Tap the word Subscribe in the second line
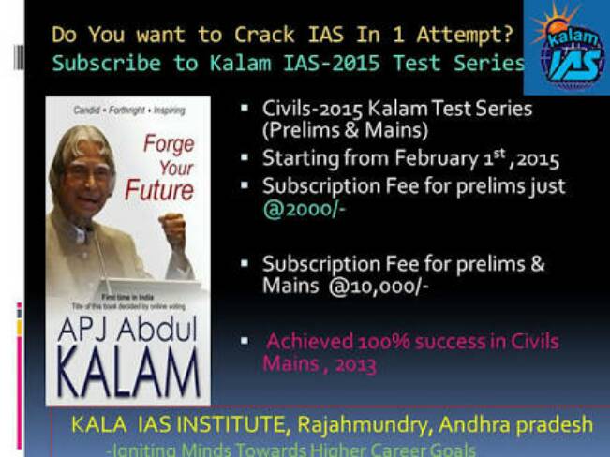coord(95,65)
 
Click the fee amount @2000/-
coord(304,208)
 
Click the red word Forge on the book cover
coord(169,144)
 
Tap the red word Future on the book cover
coord(159,190)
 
